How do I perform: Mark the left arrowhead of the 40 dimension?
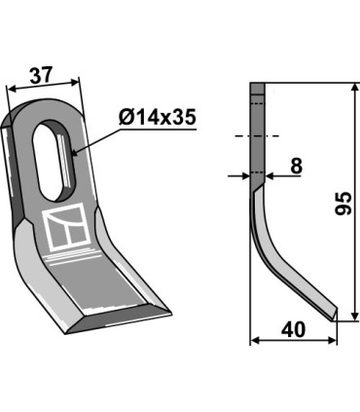pos(255,341)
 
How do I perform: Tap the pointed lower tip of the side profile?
pos(335,315)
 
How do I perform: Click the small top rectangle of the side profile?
pos(258,90)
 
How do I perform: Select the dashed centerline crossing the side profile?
pos(258,134)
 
